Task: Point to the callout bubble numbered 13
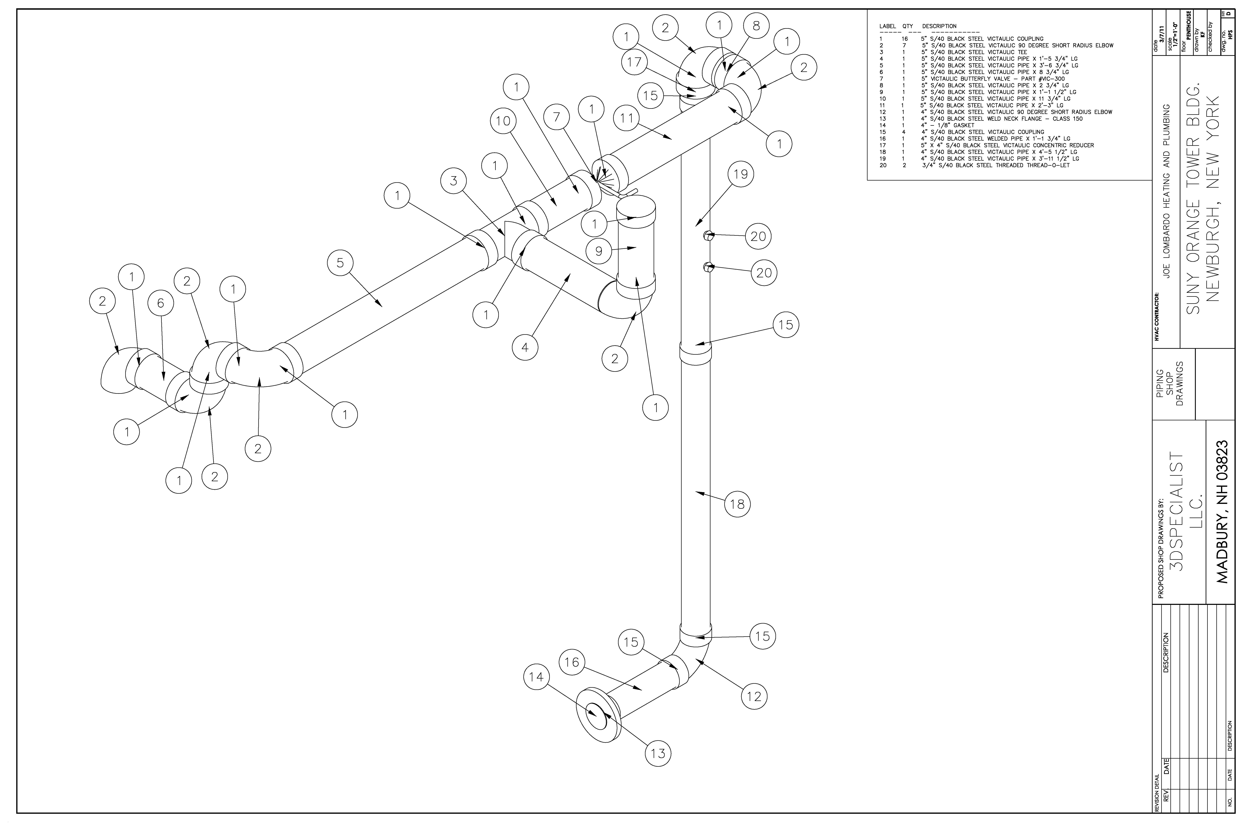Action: tap(658, 753)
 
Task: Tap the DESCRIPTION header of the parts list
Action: tap(939, 26)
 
